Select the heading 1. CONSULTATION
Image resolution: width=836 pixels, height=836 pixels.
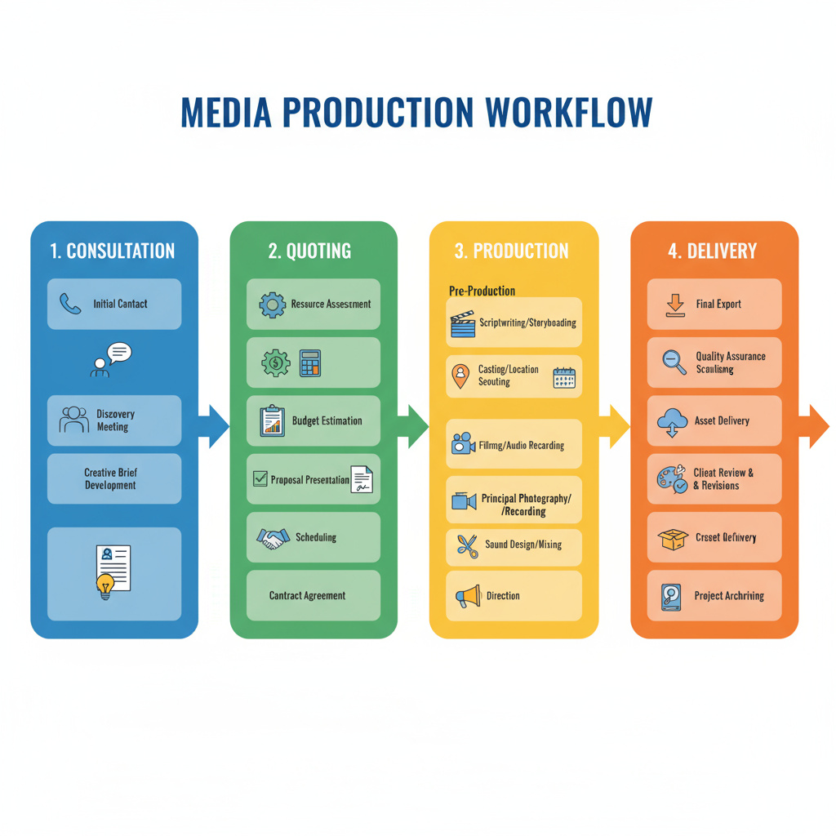(113, 251)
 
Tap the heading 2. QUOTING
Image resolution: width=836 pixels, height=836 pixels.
(309, 251)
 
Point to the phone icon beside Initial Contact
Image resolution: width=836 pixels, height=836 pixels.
(70, 304)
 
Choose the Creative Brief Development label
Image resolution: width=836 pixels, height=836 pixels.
(111, 479)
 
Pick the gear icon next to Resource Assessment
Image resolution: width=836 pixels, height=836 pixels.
(272, 305)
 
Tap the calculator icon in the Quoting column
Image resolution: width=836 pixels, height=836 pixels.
(310, 362)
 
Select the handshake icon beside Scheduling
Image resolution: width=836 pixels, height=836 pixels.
(273, 538)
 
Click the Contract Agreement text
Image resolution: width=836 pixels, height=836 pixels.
(307, 596)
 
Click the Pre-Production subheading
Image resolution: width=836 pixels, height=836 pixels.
(482, 291)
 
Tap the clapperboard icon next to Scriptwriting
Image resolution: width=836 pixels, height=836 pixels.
(463, 324)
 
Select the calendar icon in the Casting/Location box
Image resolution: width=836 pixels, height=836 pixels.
(564, 376)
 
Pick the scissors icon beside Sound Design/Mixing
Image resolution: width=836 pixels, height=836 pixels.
(467, 545)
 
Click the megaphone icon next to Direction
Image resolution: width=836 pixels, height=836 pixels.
(467, 597)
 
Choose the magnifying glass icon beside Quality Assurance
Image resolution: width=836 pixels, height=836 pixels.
(674, 362)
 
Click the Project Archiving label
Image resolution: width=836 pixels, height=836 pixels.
(729, 596)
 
